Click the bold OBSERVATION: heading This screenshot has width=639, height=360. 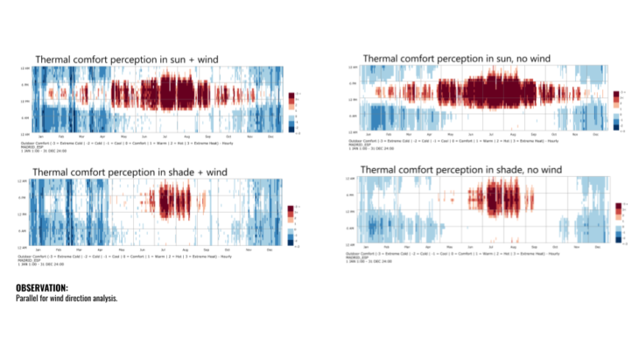click(x=42, y=287)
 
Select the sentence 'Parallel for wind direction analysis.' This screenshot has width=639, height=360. click(x=67, y=299)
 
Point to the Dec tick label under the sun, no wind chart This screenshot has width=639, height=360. click(x=594, y=134)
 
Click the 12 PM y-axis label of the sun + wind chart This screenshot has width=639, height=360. click(x=25, y=101)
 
